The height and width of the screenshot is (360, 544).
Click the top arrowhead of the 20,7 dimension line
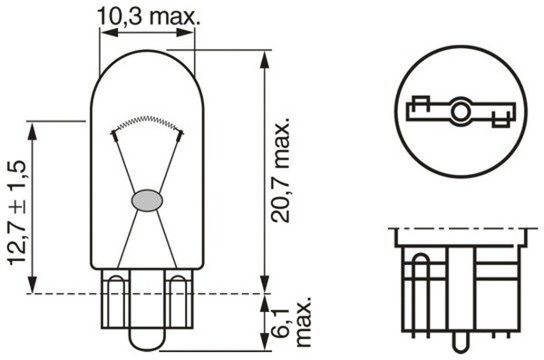pyautogui.click(x=263, y=56)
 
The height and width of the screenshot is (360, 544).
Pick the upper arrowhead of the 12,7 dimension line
pyautogui.click(x=34, y=125)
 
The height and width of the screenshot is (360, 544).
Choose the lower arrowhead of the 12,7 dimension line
pyautogui.click(x=34, y=287)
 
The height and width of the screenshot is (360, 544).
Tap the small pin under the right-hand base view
pyautogui.click(x=460, y=344)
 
